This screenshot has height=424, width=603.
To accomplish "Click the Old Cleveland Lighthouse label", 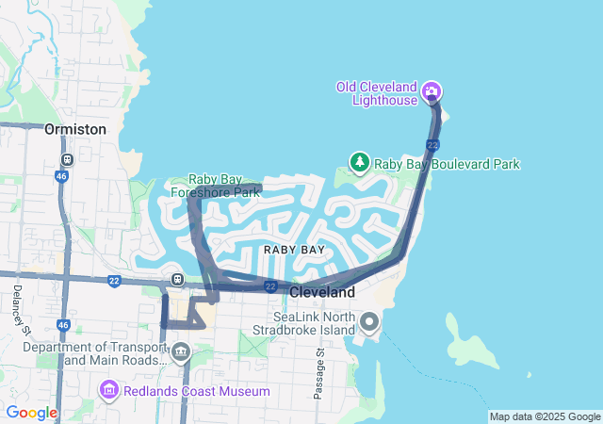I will (378, 93).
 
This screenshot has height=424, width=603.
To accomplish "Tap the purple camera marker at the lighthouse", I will (432, 91).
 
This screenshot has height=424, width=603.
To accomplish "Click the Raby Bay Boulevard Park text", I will (447, 164).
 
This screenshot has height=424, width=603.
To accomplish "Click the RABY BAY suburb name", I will (294, 250).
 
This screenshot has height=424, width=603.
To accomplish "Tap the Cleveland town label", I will (321, 293).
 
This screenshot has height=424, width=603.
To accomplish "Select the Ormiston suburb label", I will (75, 129).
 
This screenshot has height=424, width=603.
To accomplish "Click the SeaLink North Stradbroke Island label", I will (302, 323).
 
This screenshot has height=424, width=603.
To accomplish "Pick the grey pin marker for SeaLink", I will (368, 323).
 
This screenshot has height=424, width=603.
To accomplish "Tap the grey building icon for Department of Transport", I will (180, 353).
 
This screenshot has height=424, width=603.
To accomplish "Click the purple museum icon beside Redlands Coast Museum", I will (108, 390).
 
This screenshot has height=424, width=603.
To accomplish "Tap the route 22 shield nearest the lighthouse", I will (432, 144).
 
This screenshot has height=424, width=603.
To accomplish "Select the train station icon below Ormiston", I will (67, 159).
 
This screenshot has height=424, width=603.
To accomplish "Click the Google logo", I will (31, 413).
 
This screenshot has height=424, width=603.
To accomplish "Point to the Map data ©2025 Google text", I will (545, 416).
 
